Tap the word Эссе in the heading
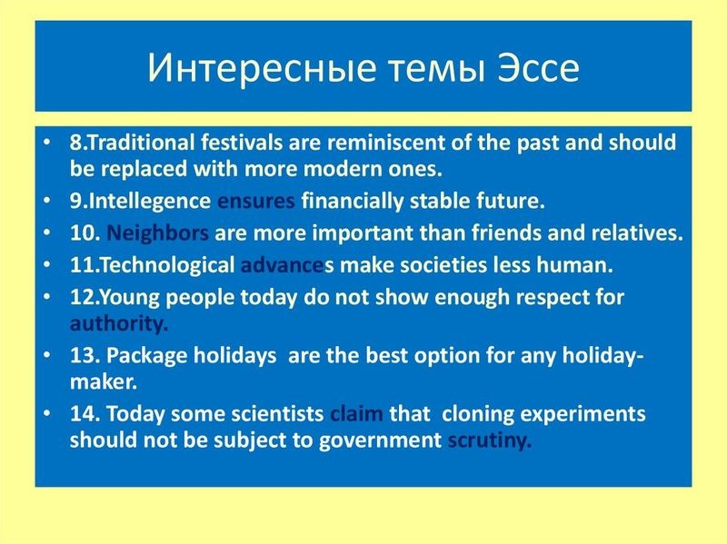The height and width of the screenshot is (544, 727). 538,67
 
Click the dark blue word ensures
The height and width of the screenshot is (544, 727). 256,201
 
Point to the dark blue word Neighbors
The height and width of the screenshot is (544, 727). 157,233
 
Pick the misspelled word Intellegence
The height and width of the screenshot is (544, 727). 149,201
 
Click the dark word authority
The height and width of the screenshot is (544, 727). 119,323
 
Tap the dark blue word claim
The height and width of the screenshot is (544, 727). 356,413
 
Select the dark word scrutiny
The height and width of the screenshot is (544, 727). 489,440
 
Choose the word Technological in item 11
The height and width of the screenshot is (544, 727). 167,265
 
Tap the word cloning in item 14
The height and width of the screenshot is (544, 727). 478,414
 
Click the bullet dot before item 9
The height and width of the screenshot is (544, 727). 46,200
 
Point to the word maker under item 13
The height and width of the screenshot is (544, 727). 104,382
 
